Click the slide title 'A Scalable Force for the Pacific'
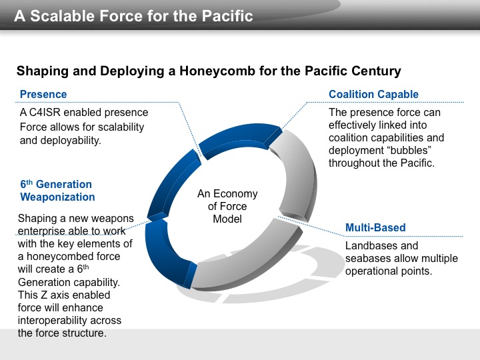pos(133,16)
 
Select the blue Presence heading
pos(43,94)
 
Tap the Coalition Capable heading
pos(373,94)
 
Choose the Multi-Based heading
pos(375,227)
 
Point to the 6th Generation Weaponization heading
pos(57,191)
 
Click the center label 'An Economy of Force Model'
pos(227,206)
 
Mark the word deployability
pos(71,141)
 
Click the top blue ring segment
pos(240,139)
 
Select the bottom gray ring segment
pos(245,260)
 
